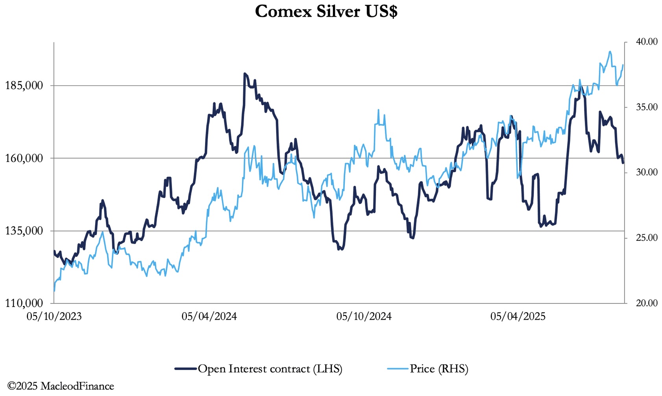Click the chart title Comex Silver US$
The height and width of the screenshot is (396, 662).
(326, 11)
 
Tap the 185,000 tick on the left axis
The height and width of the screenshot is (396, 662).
(24, 85)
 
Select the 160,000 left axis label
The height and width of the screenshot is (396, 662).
(24, 158)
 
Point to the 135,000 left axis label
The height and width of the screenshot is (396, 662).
(24, 231)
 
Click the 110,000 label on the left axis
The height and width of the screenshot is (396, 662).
(24, 303)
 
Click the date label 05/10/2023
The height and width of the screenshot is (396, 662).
(54, 316)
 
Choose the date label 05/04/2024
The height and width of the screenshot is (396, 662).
(209, 316)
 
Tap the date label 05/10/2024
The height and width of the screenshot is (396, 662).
(364, 316)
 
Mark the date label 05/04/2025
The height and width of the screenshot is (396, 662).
(518, 316)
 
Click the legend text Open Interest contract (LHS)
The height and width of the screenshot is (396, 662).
(270, 369)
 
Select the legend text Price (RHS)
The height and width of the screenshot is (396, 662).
(439, 369)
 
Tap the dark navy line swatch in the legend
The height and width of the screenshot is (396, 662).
(186, 369)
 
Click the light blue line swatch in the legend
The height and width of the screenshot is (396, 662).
(398, 369)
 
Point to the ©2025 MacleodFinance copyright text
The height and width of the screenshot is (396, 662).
(61, 386)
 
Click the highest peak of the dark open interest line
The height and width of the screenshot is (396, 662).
(245, 74)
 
